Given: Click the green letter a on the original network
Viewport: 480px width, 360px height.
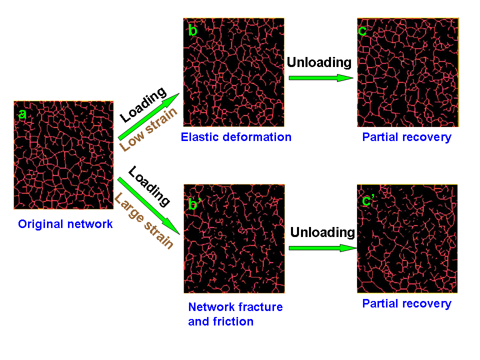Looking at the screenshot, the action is pos(22,114).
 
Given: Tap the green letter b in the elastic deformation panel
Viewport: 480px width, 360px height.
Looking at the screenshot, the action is pos(193,30).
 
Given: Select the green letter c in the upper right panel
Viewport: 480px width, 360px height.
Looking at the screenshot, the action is pos(362,31).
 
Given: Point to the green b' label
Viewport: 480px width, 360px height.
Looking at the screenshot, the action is pos(194,204).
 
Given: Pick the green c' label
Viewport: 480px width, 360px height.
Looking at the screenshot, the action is pos(368,200).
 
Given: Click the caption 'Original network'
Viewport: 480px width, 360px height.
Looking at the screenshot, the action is pos(65,224).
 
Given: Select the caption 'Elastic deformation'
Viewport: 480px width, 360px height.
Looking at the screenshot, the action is pos(236,137).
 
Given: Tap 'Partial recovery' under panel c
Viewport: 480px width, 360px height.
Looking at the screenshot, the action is pos(407,137).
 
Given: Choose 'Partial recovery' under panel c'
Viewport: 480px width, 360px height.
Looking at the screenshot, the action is pos(407,303).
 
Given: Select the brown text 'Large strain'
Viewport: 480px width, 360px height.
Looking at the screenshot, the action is pos(144,220).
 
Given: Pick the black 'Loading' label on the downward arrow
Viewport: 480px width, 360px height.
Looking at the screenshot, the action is pos(149,186).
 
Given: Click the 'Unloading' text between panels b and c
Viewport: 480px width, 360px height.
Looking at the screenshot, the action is pos(319,63).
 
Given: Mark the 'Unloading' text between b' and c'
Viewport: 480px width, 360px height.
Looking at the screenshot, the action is pos(322,232).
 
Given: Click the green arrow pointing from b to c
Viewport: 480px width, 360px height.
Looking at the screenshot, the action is pos(321,78).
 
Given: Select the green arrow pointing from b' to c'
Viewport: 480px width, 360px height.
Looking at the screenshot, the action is pos(323,248).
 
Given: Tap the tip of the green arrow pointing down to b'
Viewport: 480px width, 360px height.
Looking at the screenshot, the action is pos(179,234).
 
